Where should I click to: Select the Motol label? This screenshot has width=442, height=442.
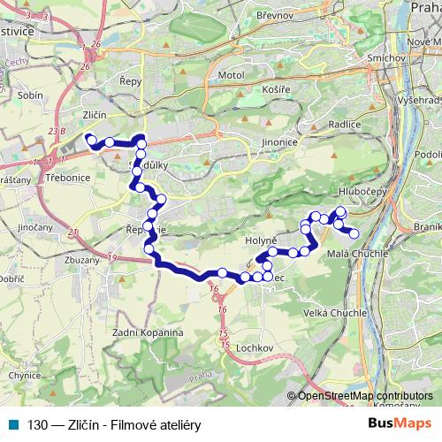pyautogui.click(x=230, y=75)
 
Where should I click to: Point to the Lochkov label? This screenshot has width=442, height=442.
pyautogui.click(x=254, y=348)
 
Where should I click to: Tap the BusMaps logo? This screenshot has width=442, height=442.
pyautogui.click(x=400, y=423)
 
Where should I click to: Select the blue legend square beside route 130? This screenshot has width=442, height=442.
pyautogui.click(x=12, y=423)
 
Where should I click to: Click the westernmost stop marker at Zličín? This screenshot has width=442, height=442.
pyautogui.click(x=89, y=138)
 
